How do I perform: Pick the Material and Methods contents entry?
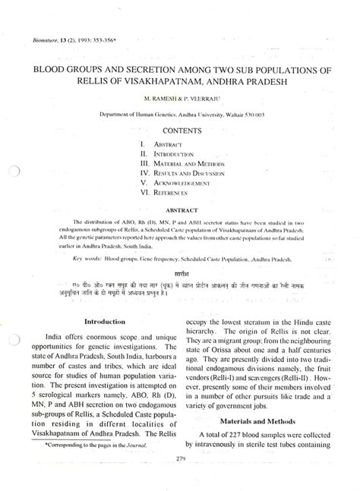pos(188,162)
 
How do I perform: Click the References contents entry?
pos(175,193)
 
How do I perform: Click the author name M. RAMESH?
pos(161,99)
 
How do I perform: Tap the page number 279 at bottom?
pos(180,458)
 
